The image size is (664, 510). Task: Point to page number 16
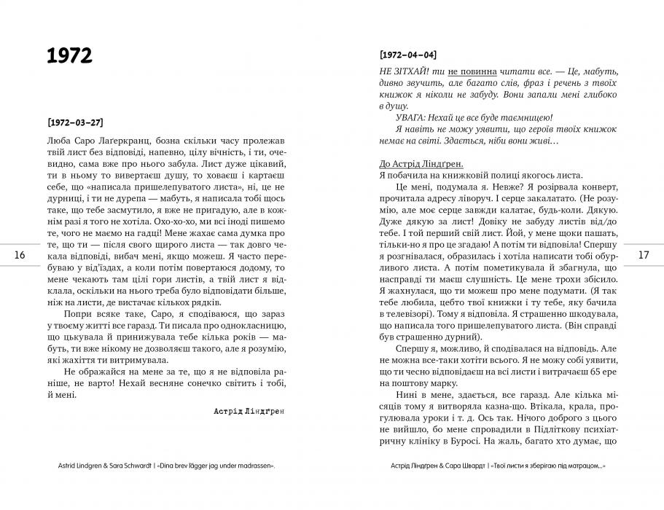point(20,255)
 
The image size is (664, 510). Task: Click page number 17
point(644,255)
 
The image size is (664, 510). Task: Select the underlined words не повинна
point(474,72)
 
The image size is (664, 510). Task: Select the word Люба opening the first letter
point(56,140)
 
